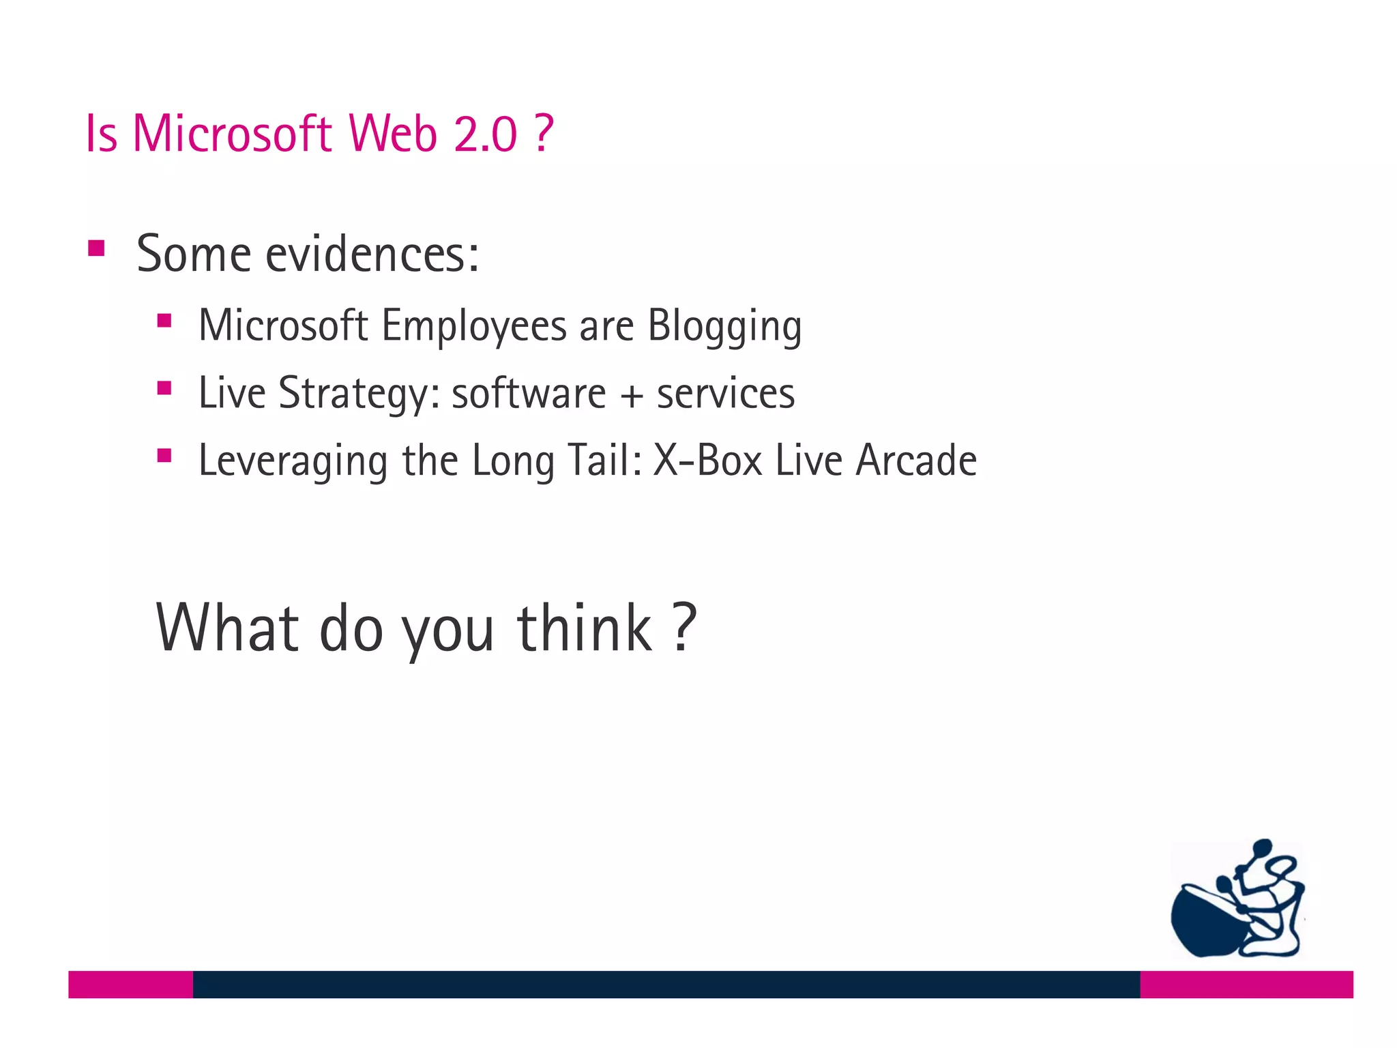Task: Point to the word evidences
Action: pos(372,254)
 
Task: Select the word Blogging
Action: pos(724,325)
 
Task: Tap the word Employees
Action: pos(474,325)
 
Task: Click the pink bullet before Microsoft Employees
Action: pos(164,321)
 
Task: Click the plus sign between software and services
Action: pos(632,396)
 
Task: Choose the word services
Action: pos(726,394)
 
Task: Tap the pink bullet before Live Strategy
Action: pos(164,388)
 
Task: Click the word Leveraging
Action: pos(293,461)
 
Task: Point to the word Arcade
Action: pos(916,461)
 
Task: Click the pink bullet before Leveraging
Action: pos(164,455)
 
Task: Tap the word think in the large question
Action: pos(585,628)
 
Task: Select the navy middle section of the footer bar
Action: pos(666,984)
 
